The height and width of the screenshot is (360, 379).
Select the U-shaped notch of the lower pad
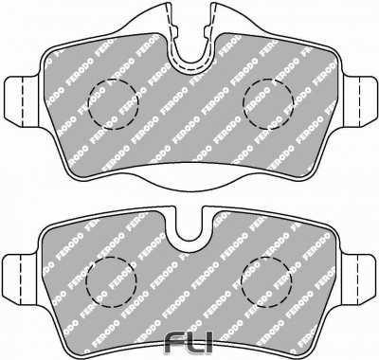point(189,239)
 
